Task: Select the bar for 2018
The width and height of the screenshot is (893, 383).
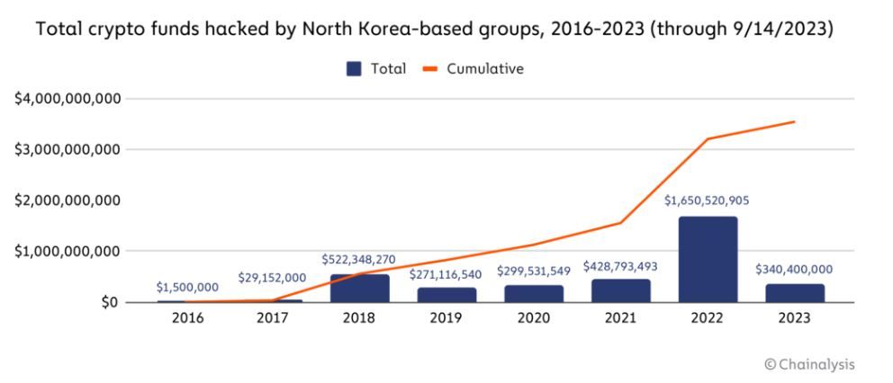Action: (x=360, y=288)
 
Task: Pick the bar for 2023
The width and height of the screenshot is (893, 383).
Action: (x=795, y=293)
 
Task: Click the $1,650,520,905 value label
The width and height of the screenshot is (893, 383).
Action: (x=707, y=200)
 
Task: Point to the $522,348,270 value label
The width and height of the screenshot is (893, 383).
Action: (x=358, y=260)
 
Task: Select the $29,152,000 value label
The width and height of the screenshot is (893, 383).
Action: (x=272, y=279)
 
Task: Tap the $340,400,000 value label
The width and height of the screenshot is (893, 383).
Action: (x=794, y=269)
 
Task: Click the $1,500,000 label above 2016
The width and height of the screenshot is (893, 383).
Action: (x=187, y=287)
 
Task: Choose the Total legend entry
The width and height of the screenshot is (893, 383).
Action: (x=376, y=69)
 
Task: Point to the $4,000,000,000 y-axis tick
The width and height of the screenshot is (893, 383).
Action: (x=68, y=98)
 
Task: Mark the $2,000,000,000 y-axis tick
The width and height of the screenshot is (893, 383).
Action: (x=68, y=200)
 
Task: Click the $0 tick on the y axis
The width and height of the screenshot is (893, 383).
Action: (x=108, y=302)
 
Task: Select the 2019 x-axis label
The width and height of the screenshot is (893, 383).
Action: (x=446, y=318)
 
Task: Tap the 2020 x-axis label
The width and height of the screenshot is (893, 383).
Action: (x=533, y=318)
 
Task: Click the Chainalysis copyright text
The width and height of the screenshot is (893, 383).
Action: (x=809, y=364)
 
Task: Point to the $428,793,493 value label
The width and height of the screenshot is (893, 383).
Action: (x=620, y=266)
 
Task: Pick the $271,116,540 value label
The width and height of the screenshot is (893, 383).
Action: (x=446, y=274)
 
